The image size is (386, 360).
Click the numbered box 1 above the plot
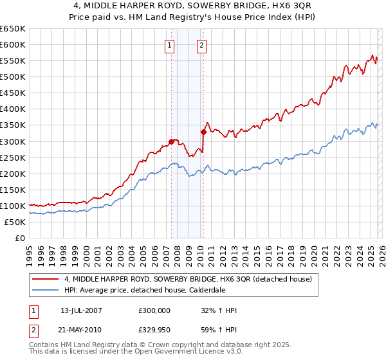coord(169,45)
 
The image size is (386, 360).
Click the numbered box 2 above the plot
coord(202,45)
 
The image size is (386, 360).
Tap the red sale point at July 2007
coord(171,141)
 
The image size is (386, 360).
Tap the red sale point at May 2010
coord(203,132)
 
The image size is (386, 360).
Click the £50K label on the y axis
coord(15,222)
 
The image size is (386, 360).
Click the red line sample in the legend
coord(46,279)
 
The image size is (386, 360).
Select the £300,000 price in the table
coord(154,310)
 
